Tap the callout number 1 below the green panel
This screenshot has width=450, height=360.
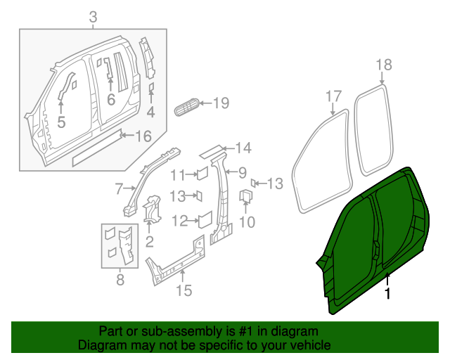387,294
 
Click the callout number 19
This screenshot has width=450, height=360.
220,104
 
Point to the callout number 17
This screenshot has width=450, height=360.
333,96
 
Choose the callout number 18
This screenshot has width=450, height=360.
383,65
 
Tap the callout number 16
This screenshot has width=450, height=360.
143,136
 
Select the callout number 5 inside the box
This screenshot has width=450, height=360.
61,123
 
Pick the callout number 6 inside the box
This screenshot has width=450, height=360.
110,100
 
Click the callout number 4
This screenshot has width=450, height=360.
150,112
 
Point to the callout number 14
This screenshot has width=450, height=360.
243,148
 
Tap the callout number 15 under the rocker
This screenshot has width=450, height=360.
183,288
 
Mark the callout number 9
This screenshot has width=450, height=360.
241,172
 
